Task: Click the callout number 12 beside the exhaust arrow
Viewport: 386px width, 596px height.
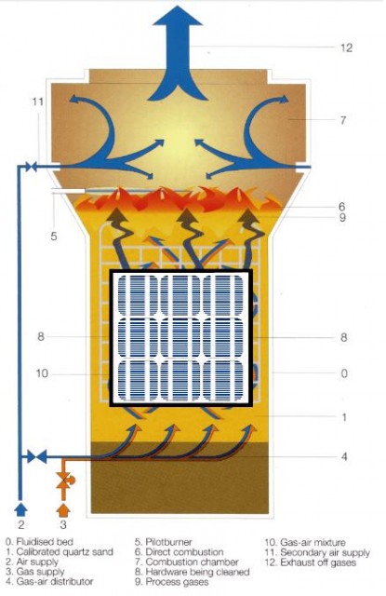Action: pyautogui.click(x=346, y=47)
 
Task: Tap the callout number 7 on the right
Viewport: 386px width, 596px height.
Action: pyautogui.click(x=343, y=120)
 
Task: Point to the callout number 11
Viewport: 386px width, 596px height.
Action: pyautogui.click(x=37, y=102)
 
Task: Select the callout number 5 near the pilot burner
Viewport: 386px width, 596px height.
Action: pyautogui.click(x=54, y=236)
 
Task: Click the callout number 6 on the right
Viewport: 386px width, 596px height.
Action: pyautogui.click(x=342, y=207)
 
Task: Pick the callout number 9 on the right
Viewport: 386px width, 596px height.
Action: pyautogui.click(x=342, y=217)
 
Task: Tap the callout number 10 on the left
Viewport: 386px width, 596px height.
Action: pyautogui.click(x=42, y=373)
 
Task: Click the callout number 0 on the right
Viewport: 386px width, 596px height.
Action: pyautogui.click(x=344, y=373)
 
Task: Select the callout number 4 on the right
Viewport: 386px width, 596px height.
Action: pyautogui.click(x=344, y=456)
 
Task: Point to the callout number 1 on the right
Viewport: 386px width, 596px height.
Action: pyautogui.click(x=344, y=417)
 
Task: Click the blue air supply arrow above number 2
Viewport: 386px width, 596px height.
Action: pyautogui.click(x=20, y=509)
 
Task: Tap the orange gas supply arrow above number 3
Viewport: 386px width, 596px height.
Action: pyautogui.click(x=63, y=509)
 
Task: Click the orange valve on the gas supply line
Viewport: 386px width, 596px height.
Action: pyautogui.click(x=64, y=481)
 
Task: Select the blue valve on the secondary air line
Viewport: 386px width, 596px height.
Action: pyautogui.click(x=31, y=167)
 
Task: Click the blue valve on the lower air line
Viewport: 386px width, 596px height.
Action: pyautogui.click(x=37, y=456)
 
